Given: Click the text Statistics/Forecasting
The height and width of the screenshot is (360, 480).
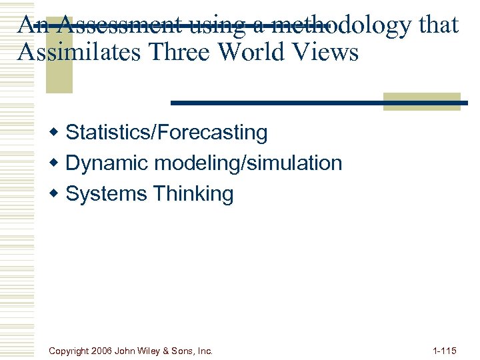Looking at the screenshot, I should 167,133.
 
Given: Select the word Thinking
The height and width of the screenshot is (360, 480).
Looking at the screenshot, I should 193,195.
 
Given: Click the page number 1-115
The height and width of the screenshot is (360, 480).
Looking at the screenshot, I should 444,350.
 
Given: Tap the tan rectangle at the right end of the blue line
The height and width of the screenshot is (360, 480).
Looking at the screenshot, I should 422,101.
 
